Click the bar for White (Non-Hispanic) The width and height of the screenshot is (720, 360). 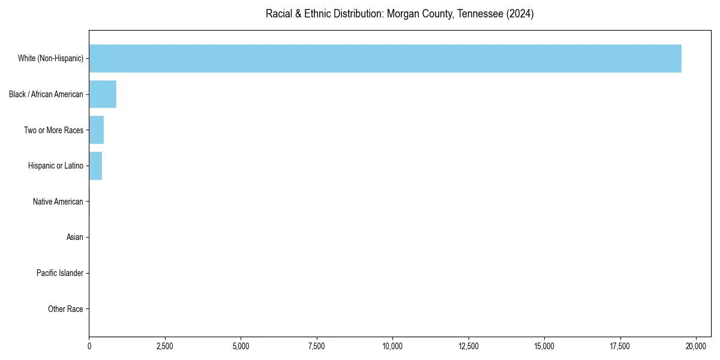pyautogui.click(x=385, y=58)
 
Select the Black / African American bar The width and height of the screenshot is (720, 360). pyautogui.click(x=103, y=94)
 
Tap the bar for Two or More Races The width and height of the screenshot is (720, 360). pyautogui.click(x=97, y=130)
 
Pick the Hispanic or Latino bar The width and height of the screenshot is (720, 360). pyautogui.click(x=95, y=166)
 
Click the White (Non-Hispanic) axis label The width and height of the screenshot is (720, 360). pyautogui.click(x=50, y=58)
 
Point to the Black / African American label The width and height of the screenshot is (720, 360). pyautogui.click(x=46, y=94)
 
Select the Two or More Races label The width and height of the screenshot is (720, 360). pyautogui.click(x=53, y=130)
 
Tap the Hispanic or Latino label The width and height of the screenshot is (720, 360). pyautogui.click(x=56, y=166)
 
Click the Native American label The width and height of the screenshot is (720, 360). pyautogui.click(x=58, y=202)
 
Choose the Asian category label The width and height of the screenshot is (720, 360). pyautogui.click(x=75, y=238)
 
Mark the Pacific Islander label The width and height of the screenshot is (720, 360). pyautogui.click(x=60, y=274)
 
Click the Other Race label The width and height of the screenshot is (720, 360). pyautogui.click(x=65, y=309)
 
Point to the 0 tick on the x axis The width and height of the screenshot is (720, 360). pyautogui.click(x=89, y=346)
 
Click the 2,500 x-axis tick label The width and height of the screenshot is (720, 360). pyautogui.click(x=165, y=346)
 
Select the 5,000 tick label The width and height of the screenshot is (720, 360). pyautogui.click(x=241, y=346)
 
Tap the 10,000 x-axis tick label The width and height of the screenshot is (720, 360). pyautogui.click(x=392, y=346)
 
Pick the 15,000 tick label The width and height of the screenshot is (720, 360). pyautogui.click(x=544, y=346)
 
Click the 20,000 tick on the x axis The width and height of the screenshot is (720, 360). pyautogui.click(x=696, y=346)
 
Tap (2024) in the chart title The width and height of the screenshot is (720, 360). pyautogui.click(x=520, y=14)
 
